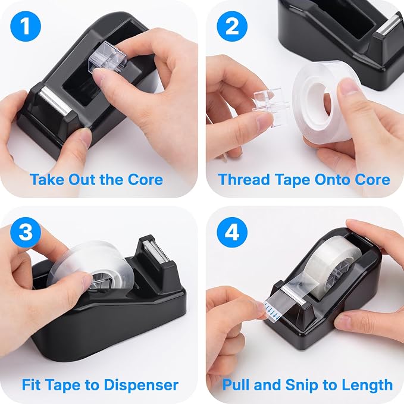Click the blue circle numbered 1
pyautogui.click(x=26, y=27)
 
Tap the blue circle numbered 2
pyautogui.click(x=232, y=27)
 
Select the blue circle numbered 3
pyautogui.click(x=26, y=232)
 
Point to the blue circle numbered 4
pyautogui.click(x=232, y=232)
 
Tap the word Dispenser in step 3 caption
pyautogui.click(x=141, y=385)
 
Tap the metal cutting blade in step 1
pyautogui.click(x=55, y=101)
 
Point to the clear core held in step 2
pyautogui.click(x=271, y=102)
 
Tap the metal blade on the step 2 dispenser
pyautogui.click(x=387, y=26)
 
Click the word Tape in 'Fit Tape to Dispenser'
pyautogui.click(x=65, y=385)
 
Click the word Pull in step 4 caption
pyautogui.click(x=236, y=385)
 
